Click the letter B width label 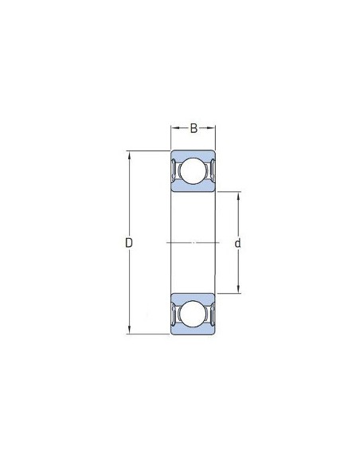[194, 129]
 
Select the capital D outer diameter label [129, 243]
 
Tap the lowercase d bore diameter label [237, 243]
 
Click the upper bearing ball [193, 171]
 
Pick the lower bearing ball [193, 314]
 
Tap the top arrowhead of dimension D [129, 155]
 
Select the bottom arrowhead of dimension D [129, 330]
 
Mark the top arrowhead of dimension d [238, 196]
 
